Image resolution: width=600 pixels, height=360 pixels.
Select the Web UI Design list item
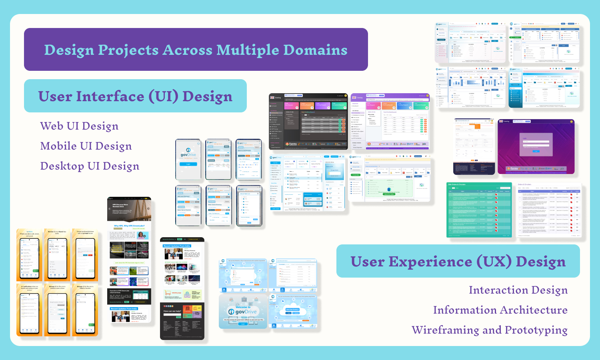79,126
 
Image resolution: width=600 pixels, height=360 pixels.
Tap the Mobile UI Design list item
86,146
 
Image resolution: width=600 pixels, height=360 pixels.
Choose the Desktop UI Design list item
90,166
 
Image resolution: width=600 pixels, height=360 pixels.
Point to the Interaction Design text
518,290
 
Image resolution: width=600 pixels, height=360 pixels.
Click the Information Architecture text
500,310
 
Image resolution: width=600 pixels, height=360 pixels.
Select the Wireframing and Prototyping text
490,330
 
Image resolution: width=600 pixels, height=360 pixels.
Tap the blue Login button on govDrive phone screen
188,164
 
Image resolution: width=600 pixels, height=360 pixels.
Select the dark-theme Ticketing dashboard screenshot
308,121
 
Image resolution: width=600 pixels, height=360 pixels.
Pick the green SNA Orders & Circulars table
479,210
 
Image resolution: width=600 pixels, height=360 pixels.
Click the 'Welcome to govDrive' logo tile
243,311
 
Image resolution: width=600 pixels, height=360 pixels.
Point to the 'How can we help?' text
172,311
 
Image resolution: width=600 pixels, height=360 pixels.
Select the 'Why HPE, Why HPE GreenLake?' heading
129,226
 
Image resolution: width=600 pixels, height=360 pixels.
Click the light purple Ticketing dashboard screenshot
390,121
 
